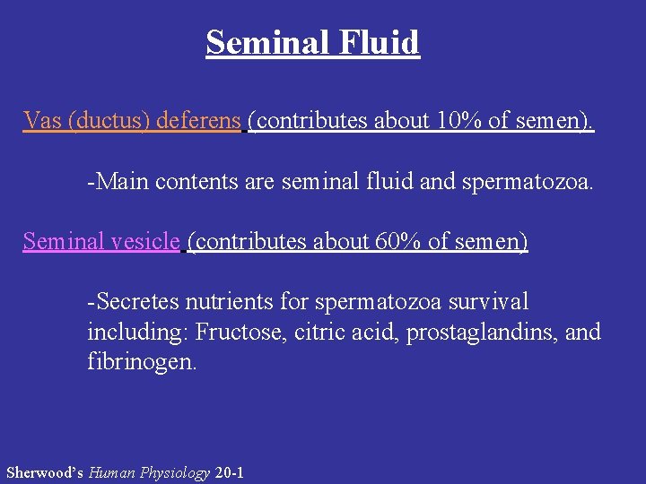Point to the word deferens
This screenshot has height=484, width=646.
click(198, 120)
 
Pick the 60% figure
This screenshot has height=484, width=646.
click(398, 241)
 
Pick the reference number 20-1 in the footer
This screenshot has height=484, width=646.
click(230, 472)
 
